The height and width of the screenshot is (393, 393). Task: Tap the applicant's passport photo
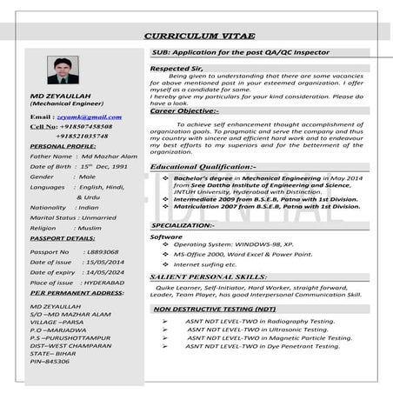coord(63,70)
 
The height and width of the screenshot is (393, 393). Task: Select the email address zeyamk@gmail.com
coord(89,116)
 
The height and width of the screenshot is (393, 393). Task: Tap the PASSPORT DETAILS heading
coord(63,237)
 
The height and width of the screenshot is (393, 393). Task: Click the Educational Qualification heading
coord(203,165)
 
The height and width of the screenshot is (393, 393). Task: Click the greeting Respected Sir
coord(176,67)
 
